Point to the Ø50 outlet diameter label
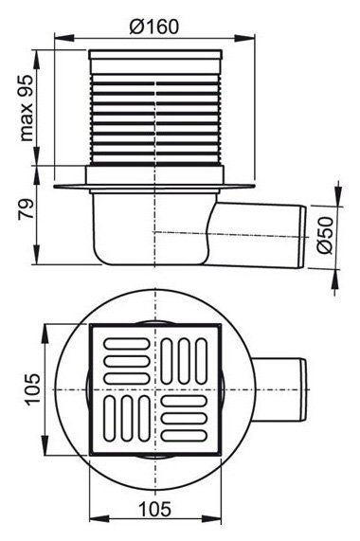[324, 236]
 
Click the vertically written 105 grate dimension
[32, 388]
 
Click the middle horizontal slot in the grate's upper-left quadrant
[122, 359]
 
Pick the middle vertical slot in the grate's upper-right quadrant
[186, 360]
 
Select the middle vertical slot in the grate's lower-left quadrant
[124, 416]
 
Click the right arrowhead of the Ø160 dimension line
[256, 38]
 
